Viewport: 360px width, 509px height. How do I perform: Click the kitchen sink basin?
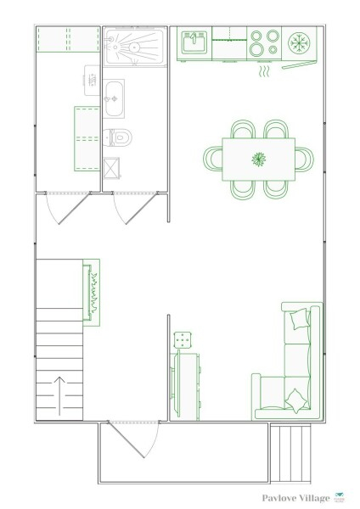[x=194, y=42]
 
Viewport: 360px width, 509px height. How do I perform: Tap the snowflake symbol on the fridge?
[x=299, y=43]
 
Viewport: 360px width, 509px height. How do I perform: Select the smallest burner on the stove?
[x=273, y=50]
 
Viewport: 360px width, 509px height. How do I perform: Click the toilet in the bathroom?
[x=117, y=137]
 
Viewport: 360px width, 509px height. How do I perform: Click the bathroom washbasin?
[x=114, y=98]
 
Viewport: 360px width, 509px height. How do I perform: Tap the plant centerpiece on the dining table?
[x=259, y=159]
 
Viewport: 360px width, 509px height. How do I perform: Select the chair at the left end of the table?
[x=213, y=158]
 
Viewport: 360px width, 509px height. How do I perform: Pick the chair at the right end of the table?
[x=305, y=159]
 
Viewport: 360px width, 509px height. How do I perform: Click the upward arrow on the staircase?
[x=59, y=395]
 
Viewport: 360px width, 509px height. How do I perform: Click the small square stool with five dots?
[x=183, y=340]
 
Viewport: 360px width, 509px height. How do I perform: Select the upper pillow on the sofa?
[x=300, y=319]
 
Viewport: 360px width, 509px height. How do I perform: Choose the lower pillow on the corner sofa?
[x=296, y=400]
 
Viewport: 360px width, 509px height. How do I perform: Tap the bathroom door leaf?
[x=142, y=209]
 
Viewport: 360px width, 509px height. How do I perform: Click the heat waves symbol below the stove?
[x=264, y=71]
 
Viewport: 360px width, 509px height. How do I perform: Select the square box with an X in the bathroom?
[x=111, y=168]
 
